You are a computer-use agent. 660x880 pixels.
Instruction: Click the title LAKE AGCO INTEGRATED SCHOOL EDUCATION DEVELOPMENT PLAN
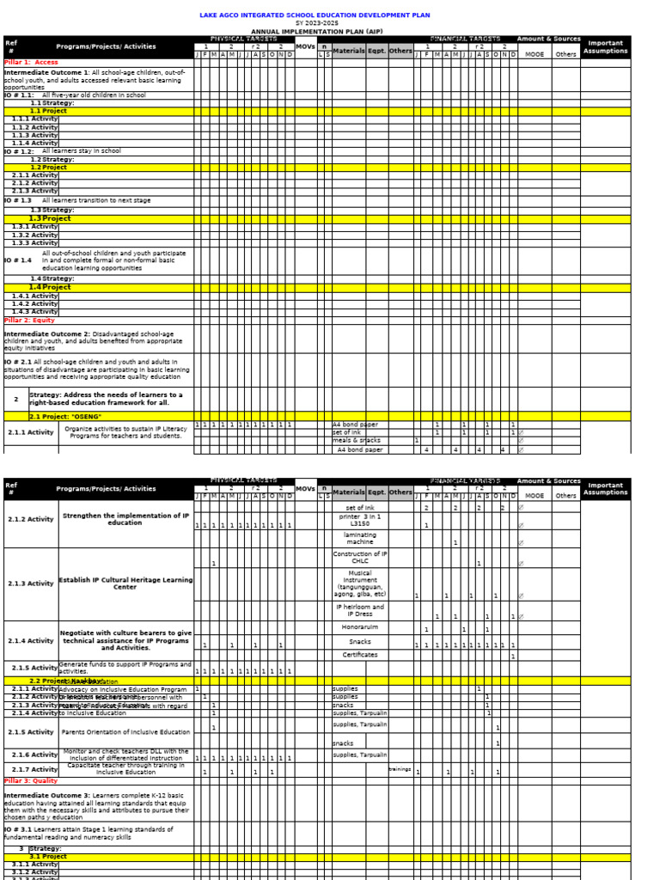click(315, 15)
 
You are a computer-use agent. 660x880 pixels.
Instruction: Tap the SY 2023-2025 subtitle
click(315, 23)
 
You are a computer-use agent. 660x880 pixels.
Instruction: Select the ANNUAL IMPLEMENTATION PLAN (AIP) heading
click(316, 31)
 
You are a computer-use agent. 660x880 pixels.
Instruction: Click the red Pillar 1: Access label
click(32, 63)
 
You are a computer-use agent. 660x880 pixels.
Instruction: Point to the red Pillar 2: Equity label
click(30, 320)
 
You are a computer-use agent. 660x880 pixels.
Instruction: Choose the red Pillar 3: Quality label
click(32, 780)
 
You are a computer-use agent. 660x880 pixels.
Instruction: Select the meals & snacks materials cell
click(356, 441)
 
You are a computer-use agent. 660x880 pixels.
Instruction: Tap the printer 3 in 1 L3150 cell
click(360, 521)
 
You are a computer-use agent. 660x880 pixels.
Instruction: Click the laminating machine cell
click(360, 539)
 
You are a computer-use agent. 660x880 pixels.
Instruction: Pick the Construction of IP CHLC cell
click(360, 558)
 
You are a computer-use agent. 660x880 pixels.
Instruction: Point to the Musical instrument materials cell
click(360, 583)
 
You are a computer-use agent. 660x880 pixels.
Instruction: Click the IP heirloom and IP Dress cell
click(360, 610)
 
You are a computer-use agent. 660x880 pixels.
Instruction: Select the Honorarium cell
click(360, 626)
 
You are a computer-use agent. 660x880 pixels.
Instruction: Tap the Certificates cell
click(360, 655)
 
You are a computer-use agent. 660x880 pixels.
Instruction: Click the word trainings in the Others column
click(400, 769)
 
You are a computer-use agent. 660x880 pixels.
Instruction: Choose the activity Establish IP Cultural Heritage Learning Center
click(125, 584)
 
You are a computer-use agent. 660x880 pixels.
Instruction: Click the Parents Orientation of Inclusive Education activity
click(125, 732)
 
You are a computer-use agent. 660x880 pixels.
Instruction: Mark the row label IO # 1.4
click(18, 260)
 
